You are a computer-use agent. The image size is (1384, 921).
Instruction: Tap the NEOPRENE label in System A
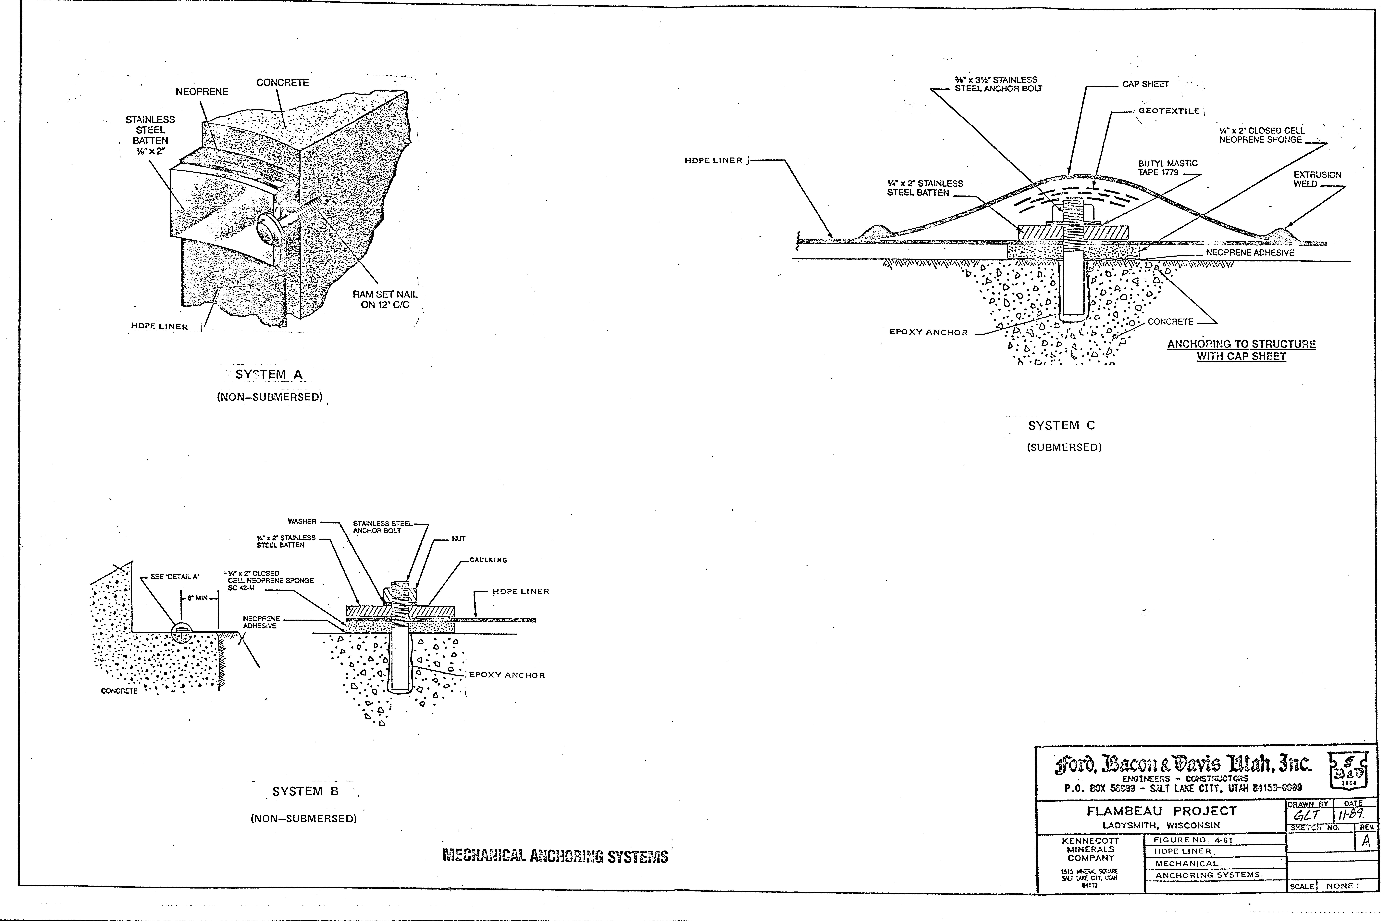tap(201, 92)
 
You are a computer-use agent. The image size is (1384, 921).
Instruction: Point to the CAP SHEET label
tap(1145, 84)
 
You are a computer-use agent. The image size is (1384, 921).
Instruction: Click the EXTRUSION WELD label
tap(1317, 179)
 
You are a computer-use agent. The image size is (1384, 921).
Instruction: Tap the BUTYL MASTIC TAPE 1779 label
tap(1167, 168)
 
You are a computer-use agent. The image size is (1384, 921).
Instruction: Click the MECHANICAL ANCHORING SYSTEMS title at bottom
tap(555, 856)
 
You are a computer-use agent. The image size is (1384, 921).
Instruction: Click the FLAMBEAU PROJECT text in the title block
tap(1161, 811)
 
